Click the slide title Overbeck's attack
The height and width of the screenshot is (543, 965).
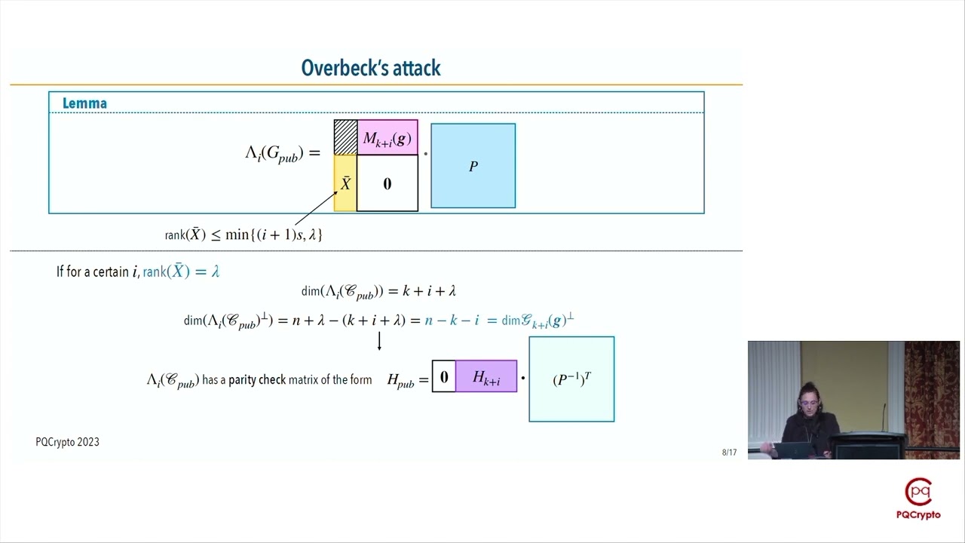click(371, 68)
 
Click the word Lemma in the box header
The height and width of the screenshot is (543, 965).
click(84, 103)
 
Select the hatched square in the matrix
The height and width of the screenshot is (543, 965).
click(345, 137)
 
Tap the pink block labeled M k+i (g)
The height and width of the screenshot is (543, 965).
click(387, 138)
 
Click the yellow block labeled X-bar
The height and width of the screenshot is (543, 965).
click(345, 183)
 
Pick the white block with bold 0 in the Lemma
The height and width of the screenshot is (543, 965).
click(387, 183)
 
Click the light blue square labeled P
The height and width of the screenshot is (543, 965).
click(473, 166)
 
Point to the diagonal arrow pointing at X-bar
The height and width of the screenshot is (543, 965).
click(314, 209)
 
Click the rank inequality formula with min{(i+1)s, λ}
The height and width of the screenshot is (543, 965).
click(244, 235)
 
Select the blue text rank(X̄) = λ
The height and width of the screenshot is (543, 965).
click(181, 271)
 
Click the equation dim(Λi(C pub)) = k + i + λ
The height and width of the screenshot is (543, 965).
click(378, 291)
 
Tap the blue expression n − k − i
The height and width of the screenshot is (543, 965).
click(452, 321)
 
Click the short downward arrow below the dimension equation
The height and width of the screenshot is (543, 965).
click(379, 342)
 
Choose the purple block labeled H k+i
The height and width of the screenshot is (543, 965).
click(486, 377)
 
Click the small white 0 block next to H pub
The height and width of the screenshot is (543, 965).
click(444, 377)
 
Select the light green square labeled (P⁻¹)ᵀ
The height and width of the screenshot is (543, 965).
click(571, 379)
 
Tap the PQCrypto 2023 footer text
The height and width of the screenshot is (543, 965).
click(67, 442)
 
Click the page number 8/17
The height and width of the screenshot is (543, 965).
click(729, 452)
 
